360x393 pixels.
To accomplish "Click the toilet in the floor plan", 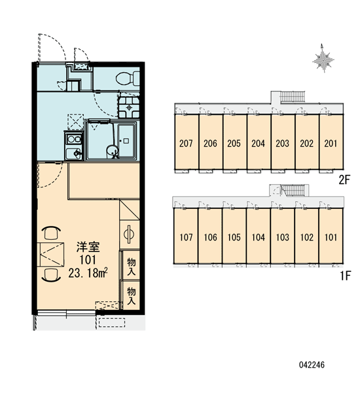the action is (128, 79).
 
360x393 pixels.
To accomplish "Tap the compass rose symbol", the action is (323, 58).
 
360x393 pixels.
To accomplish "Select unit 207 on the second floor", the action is (186, 142).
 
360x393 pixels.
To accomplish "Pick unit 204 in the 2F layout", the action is (259, 142).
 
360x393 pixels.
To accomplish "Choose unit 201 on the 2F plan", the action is (331, 142).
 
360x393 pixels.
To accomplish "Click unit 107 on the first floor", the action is (186, 236).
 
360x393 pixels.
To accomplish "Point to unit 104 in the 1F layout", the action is (259, 236).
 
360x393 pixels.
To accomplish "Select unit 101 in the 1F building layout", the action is (331, 236).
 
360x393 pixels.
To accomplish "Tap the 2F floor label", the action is (344, 179).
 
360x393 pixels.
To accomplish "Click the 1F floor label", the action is (346, 276).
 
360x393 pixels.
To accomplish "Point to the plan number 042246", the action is (312, 365).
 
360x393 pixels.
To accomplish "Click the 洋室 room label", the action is (88, 247).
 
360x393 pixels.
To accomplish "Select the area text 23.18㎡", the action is (88, 273).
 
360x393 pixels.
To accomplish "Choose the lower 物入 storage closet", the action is (131, 295).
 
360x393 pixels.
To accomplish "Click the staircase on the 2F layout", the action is (292, 96).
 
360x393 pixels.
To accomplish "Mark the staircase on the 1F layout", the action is (294, 191).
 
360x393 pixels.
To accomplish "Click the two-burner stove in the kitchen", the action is (74, 139).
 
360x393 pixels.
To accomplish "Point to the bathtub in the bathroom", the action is (126, 141).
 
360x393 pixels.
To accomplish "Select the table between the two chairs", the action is (51, 254).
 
